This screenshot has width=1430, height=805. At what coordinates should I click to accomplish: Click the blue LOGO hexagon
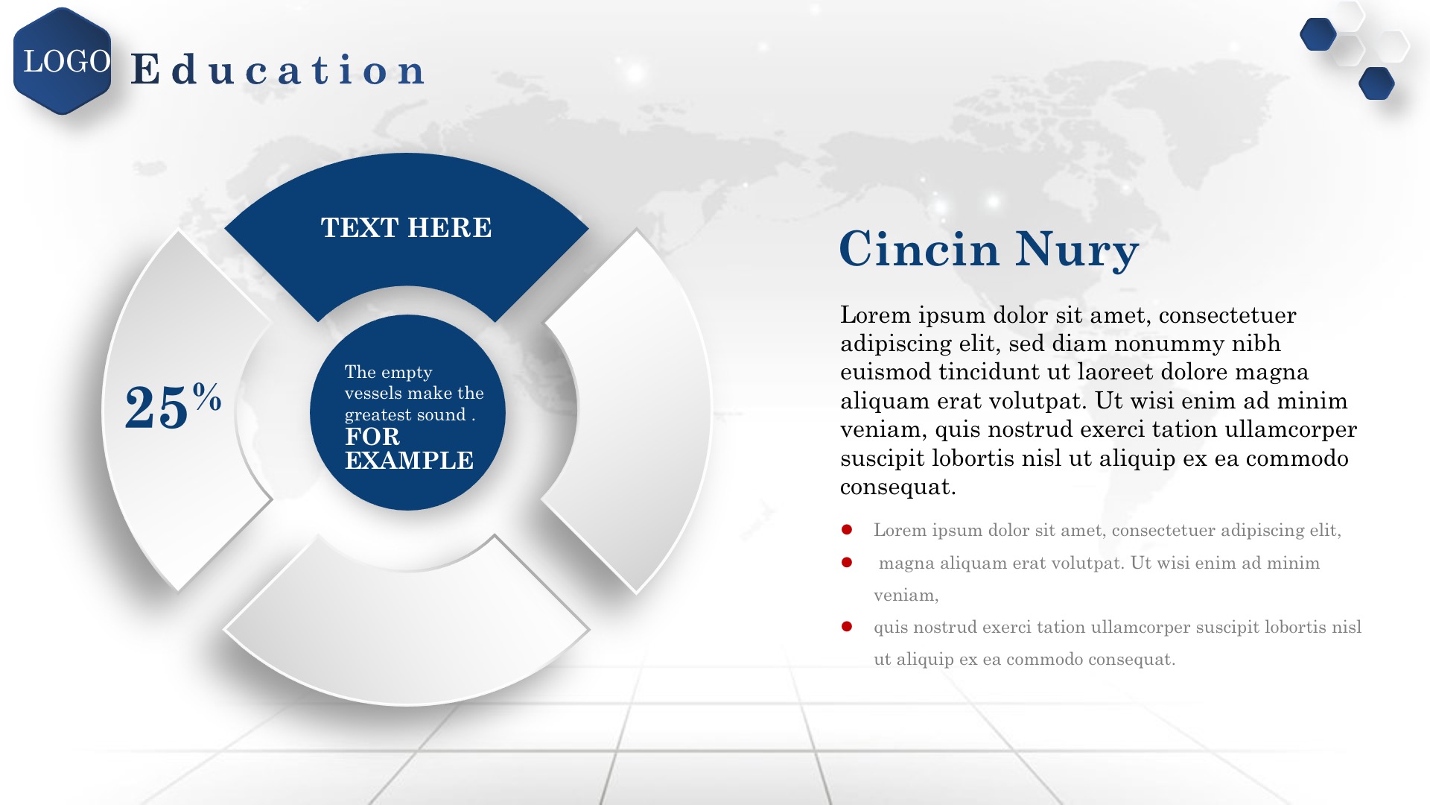coord(63,61)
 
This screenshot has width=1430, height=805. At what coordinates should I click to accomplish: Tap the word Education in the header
coord(278,70)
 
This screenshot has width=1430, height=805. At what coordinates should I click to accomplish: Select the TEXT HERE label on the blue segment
coord(406,227)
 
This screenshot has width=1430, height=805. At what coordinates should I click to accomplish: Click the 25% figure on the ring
coord(173,405)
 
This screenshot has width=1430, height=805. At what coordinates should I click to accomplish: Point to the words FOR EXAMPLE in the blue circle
coord(409,448)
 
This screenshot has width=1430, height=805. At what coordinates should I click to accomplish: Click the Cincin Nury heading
coord(989,249)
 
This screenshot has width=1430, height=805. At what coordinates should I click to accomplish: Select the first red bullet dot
coord(847,530)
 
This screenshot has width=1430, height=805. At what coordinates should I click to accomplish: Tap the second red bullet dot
coord(847,562)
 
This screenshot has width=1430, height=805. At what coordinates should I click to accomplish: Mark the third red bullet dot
coord(847,626)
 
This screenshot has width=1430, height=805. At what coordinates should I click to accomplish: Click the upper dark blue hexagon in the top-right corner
coord(1318,34)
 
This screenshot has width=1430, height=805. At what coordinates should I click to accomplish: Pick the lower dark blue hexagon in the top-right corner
coord(1376,83)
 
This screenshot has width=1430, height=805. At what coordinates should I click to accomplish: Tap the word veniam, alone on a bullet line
coord(906,596)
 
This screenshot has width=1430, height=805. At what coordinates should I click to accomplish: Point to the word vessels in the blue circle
coord(371,393)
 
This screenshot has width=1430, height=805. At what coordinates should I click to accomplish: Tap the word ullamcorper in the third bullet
coord(1140,628)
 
